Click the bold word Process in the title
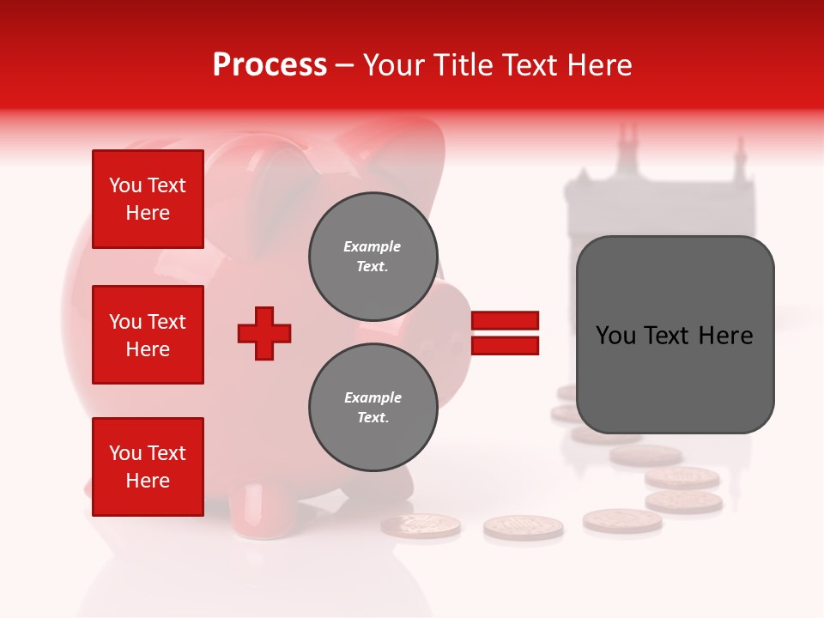[x=270, y=65]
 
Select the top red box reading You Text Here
[x=148, y=199]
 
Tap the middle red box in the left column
[x=148, y=335]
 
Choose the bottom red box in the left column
[x=148, y=467]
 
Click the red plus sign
[x=264, y=333]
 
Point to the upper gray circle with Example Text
[x=373, y=256]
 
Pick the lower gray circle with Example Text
[x=373, y=407]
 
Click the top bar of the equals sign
[x=505, y=321]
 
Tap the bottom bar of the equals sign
[x=505, y=345]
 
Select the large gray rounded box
[x=675, y=335]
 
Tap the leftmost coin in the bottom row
[x=421, y=525]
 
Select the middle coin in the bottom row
[x=523, y=527]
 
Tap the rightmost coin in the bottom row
[x=622, y=520]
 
